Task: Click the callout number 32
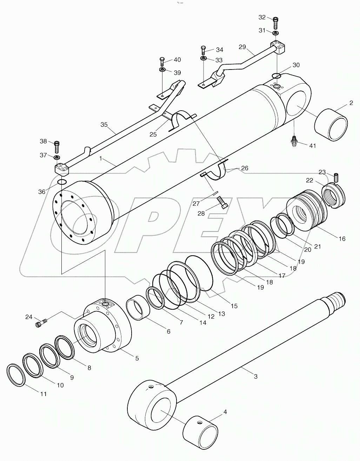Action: pos(262,18)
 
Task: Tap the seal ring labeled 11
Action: pos(16,375)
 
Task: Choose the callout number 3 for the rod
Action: pos(255,376)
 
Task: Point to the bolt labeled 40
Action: pos(162,62)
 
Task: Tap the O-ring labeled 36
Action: pos(62,182)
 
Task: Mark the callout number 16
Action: pos(342,239)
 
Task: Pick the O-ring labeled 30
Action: pos(276,75)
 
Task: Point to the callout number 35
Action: pos(104,124)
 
